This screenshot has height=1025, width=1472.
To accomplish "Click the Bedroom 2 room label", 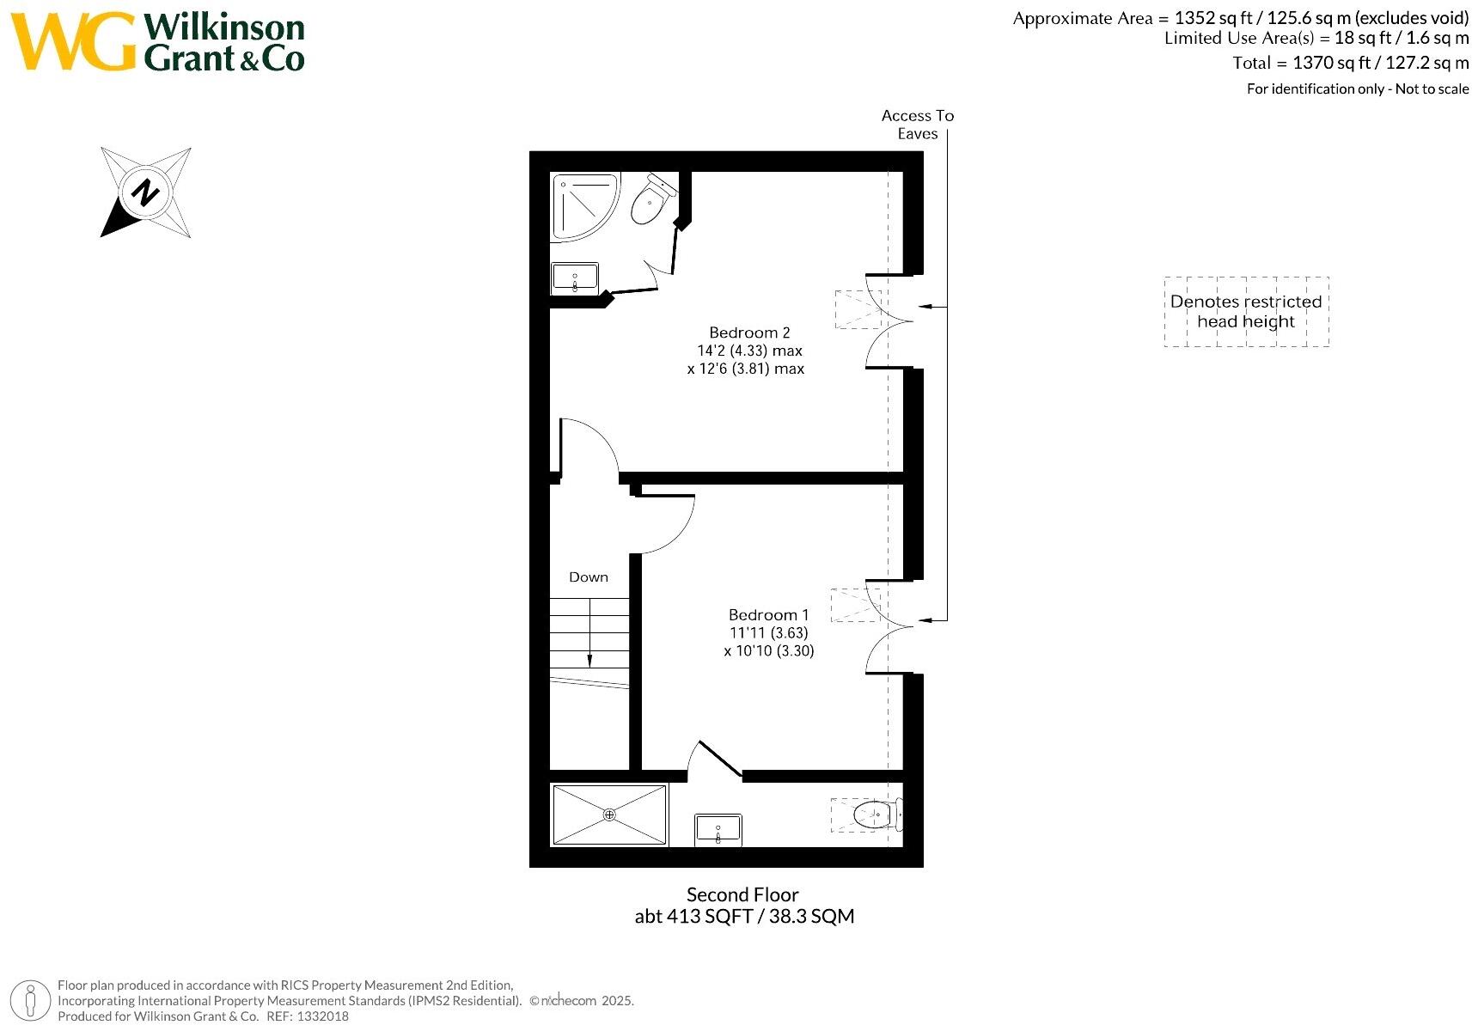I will [x=748, y=333].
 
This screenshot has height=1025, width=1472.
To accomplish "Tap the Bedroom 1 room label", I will [x=768, y=614].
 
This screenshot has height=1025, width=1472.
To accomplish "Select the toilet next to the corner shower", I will [x=650, y=202].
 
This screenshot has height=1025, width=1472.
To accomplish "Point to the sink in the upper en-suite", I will [x=574, y=278].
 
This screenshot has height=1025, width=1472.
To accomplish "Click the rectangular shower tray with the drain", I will [x=609, y=815].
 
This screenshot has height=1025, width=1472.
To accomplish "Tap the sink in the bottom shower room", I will [x=718, y=830].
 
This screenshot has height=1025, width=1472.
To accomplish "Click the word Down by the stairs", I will [x=589, y=577].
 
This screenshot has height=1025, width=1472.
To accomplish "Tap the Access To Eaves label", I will [x=917, y=125].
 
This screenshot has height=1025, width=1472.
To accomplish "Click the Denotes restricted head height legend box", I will [x=1246, y=312].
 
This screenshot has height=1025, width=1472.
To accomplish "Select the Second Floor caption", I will [x=742, y=894].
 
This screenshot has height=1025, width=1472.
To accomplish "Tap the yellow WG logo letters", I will [x=73, y=41].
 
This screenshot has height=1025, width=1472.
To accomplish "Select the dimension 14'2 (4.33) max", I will [x=749, y=351].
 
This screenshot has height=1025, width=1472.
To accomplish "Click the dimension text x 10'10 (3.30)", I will [x=768, y=650].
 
